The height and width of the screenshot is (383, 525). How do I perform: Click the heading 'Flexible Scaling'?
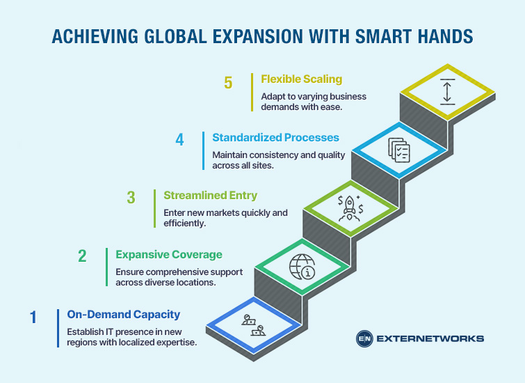(x=301, y=79)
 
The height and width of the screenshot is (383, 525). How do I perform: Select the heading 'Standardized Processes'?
(x=276, y=137)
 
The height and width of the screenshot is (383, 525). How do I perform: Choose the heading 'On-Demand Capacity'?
(x=123, y=314)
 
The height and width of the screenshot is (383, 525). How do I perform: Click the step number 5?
(x=229, y=82)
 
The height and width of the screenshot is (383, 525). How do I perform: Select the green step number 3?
(x=131, y=198)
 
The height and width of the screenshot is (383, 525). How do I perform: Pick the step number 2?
(x=82, y=256)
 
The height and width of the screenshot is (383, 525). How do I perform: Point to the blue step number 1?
(x=33, y=317)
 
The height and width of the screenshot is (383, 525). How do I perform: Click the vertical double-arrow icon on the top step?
(x=447, y=92)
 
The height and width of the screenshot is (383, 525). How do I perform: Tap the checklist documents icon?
(x=398, y=149)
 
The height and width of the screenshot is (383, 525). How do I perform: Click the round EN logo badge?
(x=364, y=339)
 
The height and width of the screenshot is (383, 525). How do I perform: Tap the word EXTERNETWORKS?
(x=430, y=339)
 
